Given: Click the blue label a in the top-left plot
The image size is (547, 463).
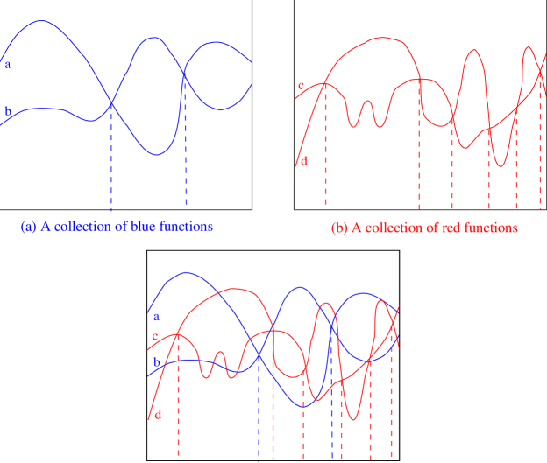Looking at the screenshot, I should [x=8, y=64].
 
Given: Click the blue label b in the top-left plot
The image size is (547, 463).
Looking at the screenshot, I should [x=8, y=111].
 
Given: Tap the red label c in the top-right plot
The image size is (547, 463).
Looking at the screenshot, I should [x=301, y=86].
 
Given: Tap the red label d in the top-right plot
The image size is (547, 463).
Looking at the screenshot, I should [x=303, y=161].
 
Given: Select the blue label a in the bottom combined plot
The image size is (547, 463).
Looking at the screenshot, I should [x=156, y=316].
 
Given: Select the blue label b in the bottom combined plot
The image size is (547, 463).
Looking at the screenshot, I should [x=157, y=363].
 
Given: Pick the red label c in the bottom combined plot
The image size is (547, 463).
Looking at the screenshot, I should [x=154, y=337].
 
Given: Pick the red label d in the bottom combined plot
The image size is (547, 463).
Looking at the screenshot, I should [x=158, y=413].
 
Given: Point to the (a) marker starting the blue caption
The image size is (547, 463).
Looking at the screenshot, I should [x=28, y=226].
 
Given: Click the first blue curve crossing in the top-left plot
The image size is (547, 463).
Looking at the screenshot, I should [x=111, y=104].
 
